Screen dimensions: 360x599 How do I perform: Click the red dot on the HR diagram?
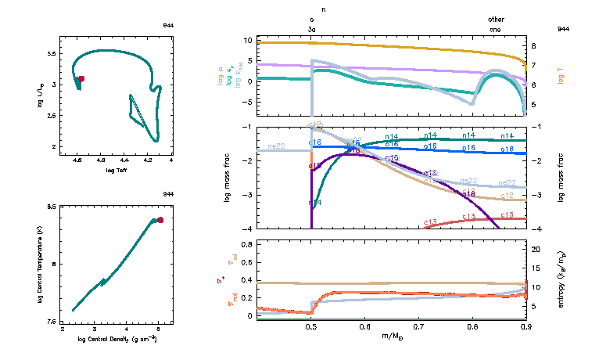pos(81,78)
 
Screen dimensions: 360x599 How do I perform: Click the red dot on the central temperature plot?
pos(160,220)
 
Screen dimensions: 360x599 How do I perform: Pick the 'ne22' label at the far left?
pos(275,146)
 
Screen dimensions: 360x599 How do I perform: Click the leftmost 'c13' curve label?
pos(430,223)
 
